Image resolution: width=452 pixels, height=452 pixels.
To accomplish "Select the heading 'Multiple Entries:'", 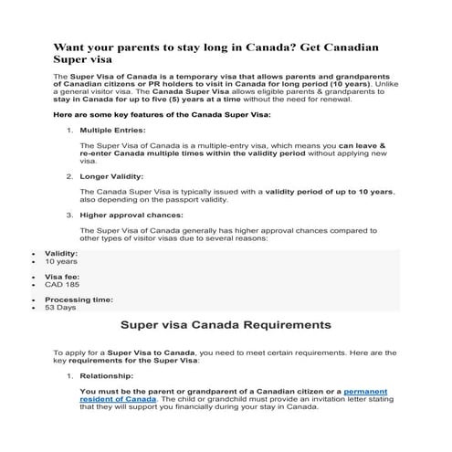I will (113, 131).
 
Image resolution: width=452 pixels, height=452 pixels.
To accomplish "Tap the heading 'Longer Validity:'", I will (110, 173).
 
